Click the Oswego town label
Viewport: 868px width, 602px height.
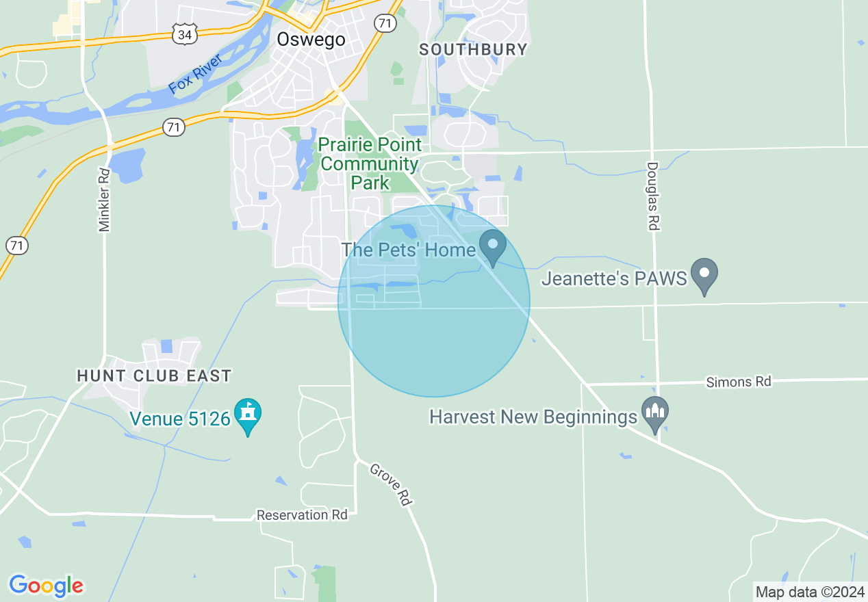tap(311, 40)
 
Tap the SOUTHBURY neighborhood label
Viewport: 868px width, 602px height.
tap(473, 49)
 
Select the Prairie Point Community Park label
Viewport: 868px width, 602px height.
tap(370, 163)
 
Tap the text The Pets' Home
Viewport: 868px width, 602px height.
tap(408, 250)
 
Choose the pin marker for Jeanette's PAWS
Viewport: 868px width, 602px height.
tap(704, 275)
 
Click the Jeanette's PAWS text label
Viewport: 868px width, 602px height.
tap(613, 279)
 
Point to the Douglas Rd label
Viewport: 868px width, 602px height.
tap(652, 196)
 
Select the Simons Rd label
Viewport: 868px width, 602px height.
tap(738, 382)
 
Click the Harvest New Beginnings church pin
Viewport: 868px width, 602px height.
tap(655, 414)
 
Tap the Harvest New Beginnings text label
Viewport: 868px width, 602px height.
tap(533, 417)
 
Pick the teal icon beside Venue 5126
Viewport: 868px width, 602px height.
tap(248, 415)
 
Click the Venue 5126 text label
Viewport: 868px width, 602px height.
tap(181, 418)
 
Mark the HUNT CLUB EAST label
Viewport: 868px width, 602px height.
tap(154, 376)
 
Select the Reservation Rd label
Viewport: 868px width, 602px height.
tap(302, 514)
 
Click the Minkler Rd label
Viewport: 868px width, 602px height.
tap(104, 200)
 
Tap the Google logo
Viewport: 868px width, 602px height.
tap(46, 586)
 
